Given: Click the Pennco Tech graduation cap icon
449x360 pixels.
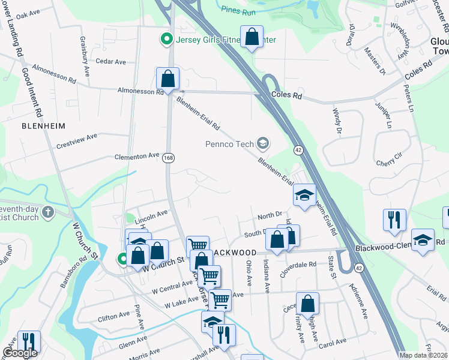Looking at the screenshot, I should pyautogui.click(x=262, y=143).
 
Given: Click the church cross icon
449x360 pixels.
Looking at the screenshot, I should pyautogui.click(x=48, y=212).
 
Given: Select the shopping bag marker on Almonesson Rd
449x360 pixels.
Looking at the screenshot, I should pyautogui.click(x=167, y=79).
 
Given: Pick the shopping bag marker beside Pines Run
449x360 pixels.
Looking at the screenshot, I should pyautogui.click(x=252, y=37).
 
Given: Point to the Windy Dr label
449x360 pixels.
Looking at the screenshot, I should pyautogui.click(x=337, y=120).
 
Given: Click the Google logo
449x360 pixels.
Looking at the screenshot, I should pyautogui.click(x=20, y=353).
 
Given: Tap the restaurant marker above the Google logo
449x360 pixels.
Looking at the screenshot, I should pyautogui.click(x=28, y=341).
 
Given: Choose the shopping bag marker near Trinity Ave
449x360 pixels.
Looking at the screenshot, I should pyautogui.click(x=307, y=304).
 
